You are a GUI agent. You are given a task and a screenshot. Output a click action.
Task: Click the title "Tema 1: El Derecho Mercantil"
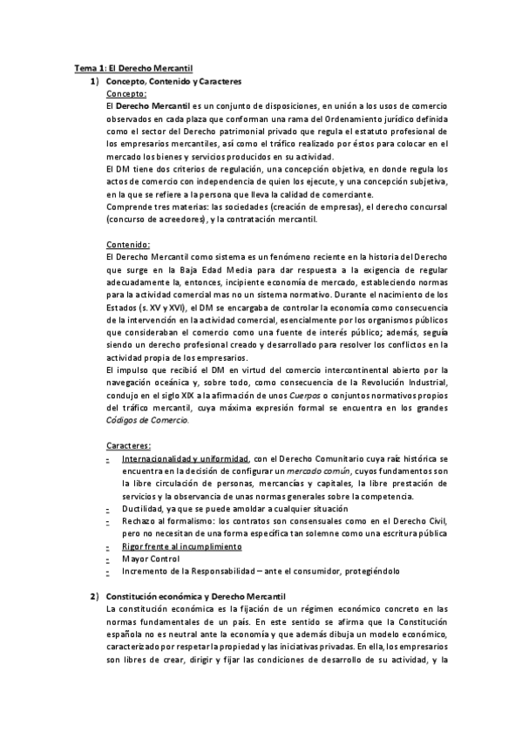(x=133, y=67)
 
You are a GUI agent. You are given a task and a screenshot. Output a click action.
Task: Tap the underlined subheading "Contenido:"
(x=127, y=245)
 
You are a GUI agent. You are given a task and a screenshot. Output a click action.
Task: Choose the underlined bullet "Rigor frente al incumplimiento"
(x=181, y=546)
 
